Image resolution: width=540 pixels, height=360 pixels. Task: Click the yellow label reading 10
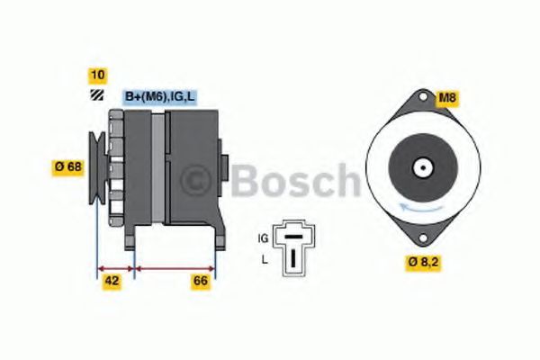click(x=95, y=75)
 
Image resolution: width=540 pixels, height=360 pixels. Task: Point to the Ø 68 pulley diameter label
click(x=68, y=166)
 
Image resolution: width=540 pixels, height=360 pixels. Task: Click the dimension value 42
click(x=112, y=282)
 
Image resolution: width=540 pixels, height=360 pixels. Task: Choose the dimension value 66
click(x=201, y=282)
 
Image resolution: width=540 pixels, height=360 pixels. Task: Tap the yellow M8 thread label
click(x=447, y=97)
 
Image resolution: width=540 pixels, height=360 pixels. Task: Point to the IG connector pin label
click(x=263, y=238)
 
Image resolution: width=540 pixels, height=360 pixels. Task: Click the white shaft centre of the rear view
click(x=420, y=166)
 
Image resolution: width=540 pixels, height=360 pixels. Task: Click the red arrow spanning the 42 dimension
click(x=115, y=267)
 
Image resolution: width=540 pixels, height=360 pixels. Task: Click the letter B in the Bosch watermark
click(x=245, y=180)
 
